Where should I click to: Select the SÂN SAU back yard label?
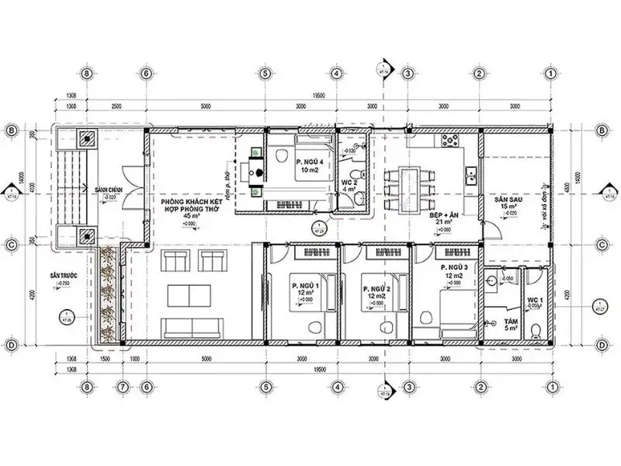pyautogui.click(x=507, y=200)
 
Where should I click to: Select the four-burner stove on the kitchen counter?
pyautogui.click(x=450, y=141)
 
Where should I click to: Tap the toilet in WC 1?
pyautogui.click(x=535, y=330)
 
